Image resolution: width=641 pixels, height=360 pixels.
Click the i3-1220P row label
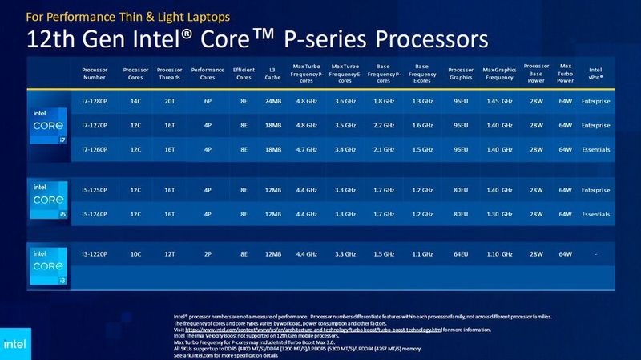tap(95, 253)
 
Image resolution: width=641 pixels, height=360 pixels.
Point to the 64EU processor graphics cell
tap(460, 253)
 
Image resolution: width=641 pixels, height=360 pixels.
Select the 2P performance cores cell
tap(208, 253)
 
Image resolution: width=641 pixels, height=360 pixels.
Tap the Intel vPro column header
tap(595, 73)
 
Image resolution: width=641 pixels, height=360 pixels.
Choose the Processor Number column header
tap(95, 73)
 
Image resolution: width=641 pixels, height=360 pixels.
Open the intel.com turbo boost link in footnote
tap(313, 330)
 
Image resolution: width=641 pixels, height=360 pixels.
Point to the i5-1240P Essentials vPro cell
tap(595, 215)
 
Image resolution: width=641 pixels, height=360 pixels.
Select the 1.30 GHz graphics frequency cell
tap(500, 215)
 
